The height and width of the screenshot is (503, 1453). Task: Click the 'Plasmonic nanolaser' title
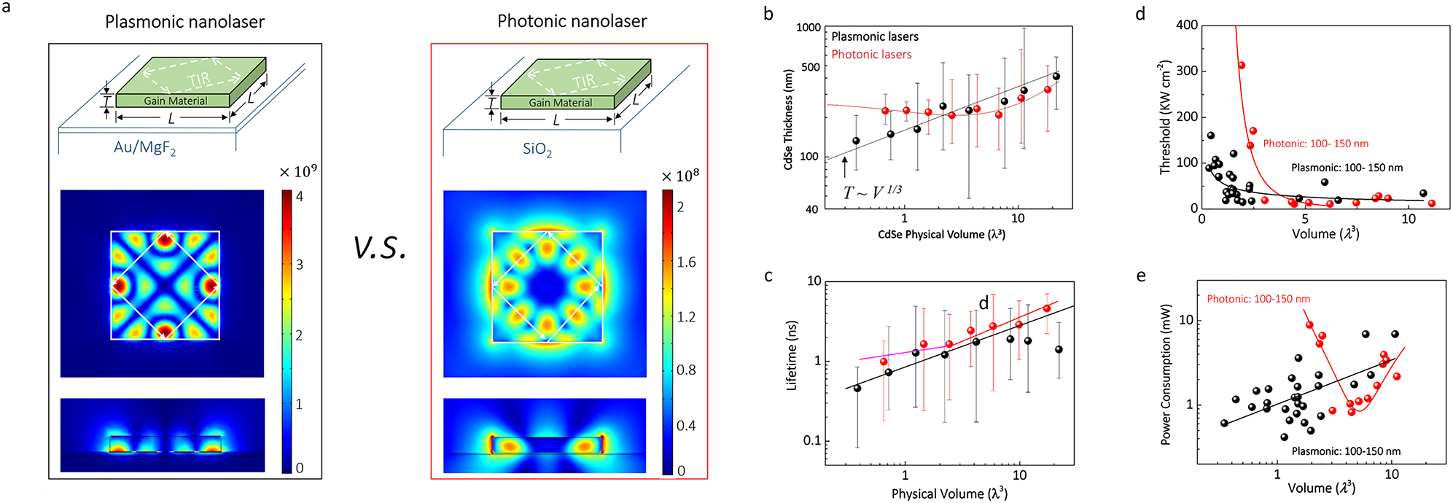[184, 22]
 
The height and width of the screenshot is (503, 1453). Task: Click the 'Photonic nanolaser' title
[572, 21]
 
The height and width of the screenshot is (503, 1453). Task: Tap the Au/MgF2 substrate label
[144, 147]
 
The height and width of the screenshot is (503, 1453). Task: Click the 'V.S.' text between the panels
[379, 248]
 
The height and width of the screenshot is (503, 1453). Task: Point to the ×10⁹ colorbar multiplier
[297, 172]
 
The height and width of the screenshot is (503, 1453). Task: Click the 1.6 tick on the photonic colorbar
[685, 262]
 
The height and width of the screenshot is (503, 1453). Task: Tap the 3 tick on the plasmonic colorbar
[300, 265]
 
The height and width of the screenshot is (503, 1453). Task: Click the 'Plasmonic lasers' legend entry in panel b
[874, 36]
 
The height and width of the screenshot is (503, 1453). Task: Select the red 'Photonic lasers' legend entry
[871, 55]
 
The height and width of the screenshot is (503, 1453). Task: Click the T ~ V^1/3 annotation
[872, 192]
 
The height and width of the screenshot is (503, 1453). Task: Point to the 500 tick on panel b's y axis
[810, 67]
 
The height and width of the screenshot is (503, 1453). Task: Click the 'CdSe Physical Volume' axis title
[941, 235]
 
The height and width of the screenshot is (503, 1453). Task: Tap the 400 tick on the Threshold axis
[1187, 26]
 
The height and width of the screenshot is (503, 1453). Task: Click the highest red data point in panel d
[1241, 66]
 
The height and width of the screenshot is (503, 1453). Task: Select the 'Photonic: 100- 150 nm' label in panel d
[1315, 144]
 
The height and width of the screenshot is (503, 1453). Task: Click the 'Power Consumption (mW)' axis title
[1166, 373]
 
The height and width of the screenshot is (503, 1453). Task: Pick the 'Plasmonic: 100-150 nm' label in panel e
[1346, 451]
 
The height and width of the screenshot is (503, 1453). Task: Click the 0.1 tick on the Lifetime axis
[811, 441]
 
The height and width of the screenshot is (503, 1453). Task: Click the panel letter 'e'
[1140, 276]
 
